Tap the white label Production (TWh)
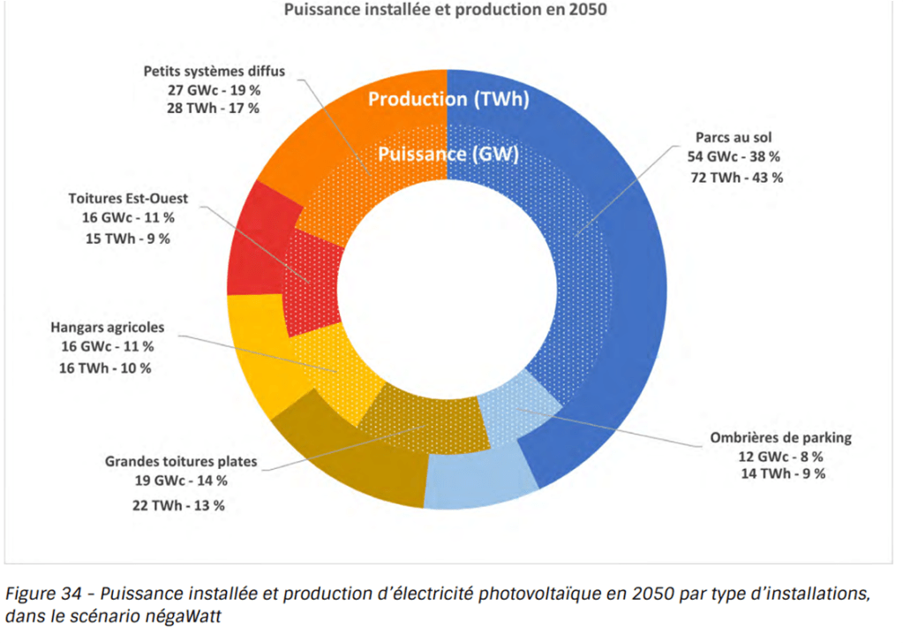tap(448, 99)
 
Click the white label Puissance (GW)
tap(448, 154)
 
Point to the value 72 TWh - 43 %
tap(734, 177)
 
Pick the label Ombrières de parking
tap(780, 437)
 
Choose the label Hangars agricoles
tap(107, 328)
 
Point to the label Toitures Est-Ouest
tap(128, 198)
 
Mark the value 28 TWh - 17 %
tap(214, 109)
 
